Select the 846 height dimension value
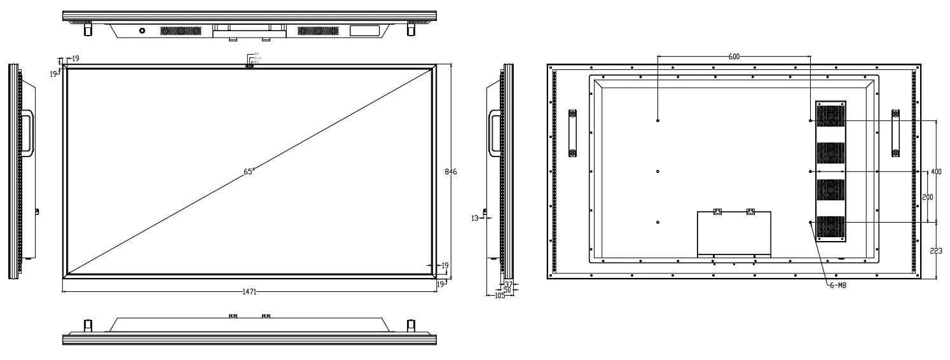(x=451, y=172)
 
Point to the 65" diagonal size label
(x=249, y=171)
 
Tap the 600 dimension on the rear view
(x=734, y=57)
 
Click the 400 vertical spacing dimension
(x=935, y=172)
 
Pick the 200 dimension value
(x=928, y=197)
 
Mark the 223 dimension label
(x=937, y=251)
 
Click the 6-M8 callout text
(x=837, y=286)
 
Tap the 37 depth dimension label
(x=509, y=284)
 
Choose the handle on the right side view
(x=495, y=132)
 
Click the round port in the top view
(x=141, y=31)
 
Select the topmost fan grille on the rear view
(x=830, y=115)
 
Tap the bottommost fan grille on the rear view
(x=830, y=228)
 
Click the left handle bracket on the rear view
(x=572, y=133)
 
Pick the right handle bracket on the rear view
(x=895, y=133)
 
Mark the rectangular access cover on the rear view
(x=734, y=233)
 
